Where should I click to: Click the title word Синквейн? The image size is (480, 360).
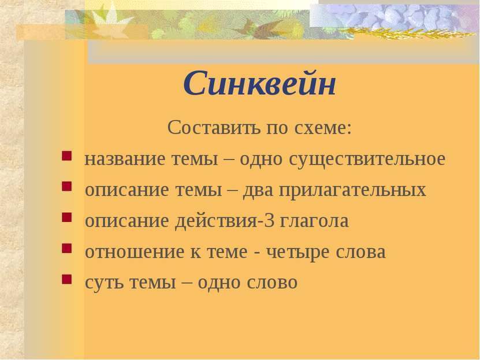tap(259, 84)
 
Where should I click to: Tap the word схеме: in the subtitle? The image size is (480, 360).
tap(323, 128)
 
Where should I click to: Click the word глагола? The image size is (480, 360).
tap(314, 221)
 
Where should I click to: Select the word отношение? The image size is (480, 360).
tap(135, 252)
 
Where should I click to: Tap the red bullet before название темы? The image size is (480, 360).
tap(66, 156)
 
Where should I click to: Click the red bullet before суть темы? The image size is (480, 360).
tap(66, 279)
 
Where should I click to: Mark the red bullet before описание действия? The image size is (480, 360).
tap(66, 217)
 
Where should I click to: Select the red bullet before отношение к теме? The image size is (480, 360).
tap(66, 248)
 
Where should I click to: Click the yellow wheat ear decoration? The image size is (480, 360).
tap(407, 32)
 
